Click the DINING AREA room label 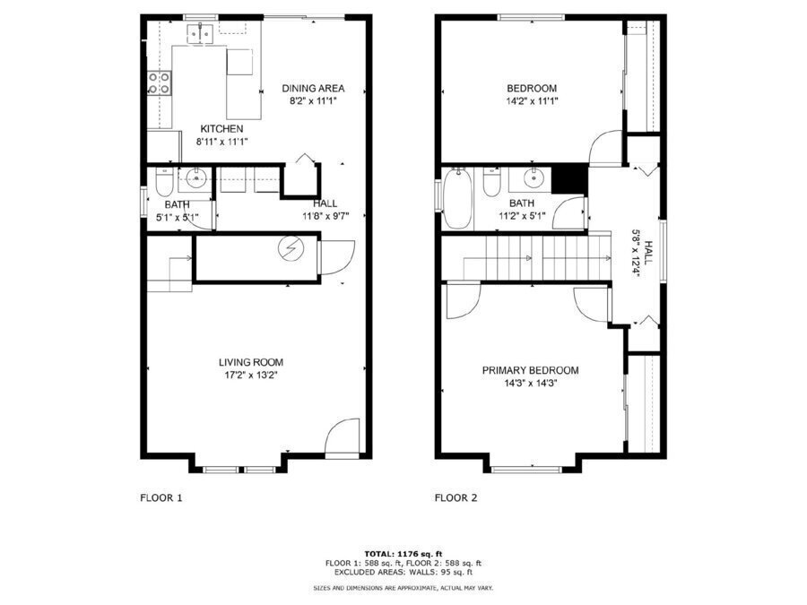[313, 89]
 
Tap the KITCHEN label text [221, 129]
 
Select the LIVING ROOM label [251, 363]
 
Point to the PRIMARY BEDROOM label [530, 370]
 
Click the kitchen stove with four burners [159, 83]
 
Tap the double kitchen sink [200, 33]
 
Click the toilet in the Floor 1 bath [164, 183]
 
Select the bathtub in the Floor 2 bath [457, 199]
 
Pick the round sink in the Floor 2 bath [534, 178]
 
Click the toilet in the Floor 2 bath [491, 183]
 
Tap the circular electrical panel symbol [291, 249]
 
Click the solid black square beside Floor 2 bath [569, 179]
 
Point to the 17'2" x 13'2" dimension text [251, 376]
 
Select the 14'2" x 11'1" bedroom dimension [532, 101]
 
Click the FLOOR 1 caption [161, 498]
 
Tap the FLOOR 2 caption [456, 498]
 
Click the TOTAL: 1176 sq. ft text [403, 554]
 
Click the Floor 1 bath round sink [196, 179]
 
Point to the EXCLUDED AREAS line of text [403, 572]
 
